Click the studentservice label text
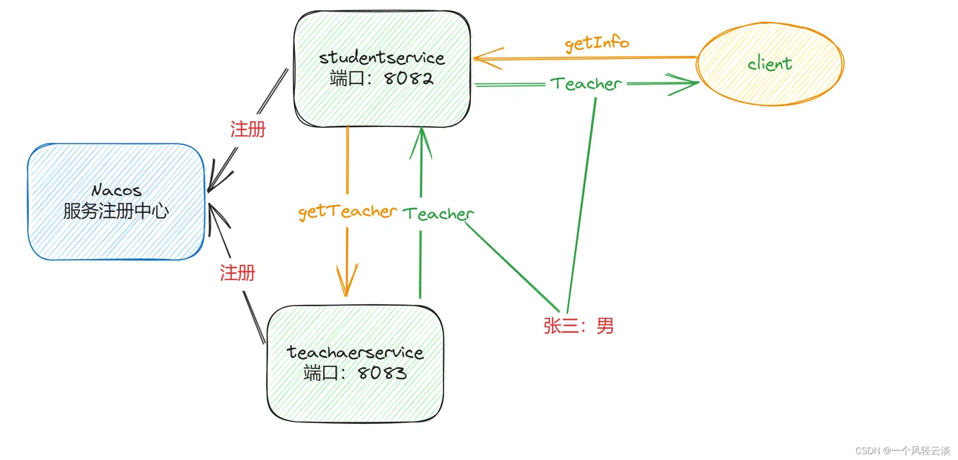point(382,57)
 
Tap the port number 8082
point(409,78)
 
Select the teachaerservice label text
point(355,353)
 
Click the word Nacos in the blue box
point(116,191)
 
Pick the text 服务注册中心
point(116,211)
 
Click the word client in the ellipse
point(769,64)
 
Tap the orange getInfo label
point(597,43)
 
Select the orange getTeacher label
point(348,211)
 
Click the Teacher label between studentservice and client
point(586,84)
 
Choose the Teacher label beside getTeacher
point(438,214)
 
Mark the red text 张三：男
point(579,326)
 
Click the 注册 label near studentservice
point(248,130)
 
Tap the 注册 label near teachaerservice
point(237,273)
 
